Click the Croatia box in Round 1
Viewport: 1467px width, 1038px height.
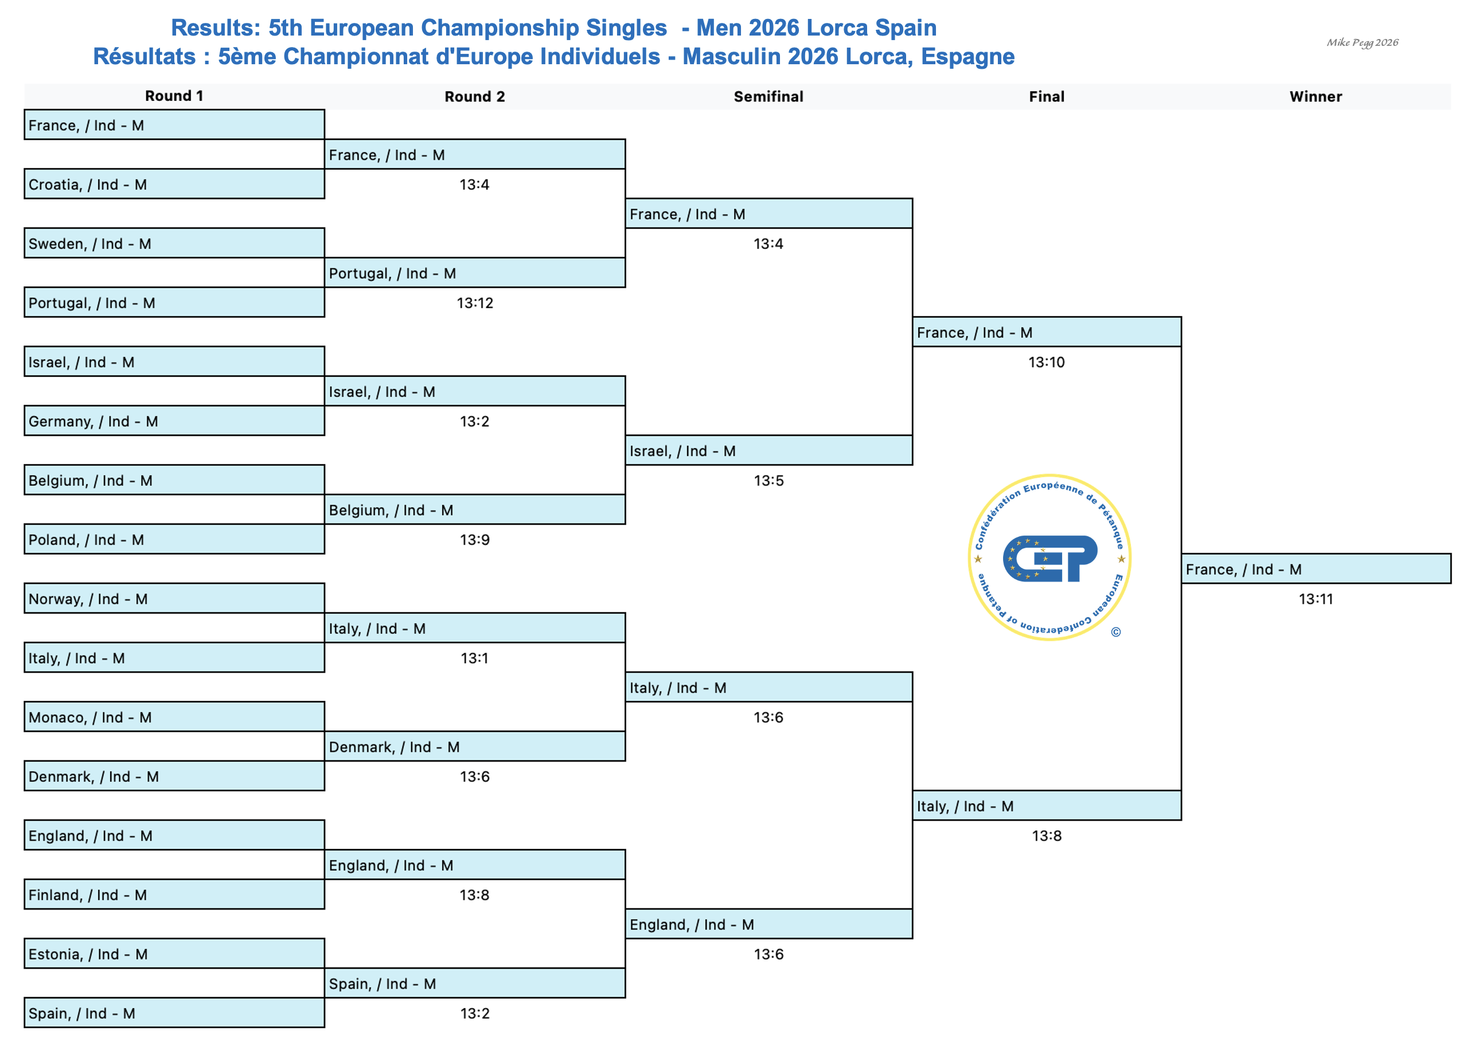click(x=174, y=184)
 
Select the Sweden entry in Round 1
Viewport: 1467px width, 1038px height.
click(x=174, y=244)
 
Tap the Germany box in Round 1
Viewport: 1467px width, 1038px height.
click(x=174, y=421)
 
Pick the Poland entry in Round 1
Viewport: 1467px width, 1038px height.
click(x=174, y=540)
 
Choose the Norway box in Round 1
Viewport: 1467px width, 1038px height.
click(x=174, y=599)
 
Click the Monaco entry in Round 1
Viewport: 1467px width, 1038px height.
click(x=174, y=717)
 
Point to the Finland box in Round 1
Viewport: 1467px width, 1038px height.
click(x=174, y=895)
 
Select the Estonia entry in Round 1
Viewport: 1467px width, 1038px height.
click(x=174, y=954)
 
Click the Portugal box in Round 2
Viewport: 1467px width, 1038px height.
click(x=475, y=273)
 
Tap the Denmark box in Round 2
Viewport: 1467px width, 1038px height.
click(x=475, y=747)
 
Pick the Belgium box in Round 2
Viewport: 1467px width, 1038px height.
click(x=475, y=510)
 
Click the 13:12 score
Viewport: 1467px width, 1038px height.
click(x=475, y=303)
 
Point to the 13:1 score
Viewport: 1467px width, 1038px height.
click(x=475, y=658)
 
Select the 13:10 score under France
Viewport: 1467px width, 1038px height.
click(x=1047, y=362)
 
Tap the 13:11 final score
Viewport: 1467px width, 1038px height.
click(x=1316, y=599)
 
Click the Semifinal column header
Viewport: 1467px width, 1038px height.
click(x=768, y=96)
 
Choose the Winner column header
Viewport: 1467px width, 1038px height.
click(x=1316, y=96)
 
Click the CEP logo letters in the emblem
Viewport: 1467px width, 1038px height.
click(x=1050, y=558)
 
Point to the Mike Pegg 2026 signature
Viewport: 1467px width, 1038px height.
click(x=1362, y=43)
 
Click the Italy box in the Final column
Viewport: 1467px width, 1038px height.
click(x=1047, y=806)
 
